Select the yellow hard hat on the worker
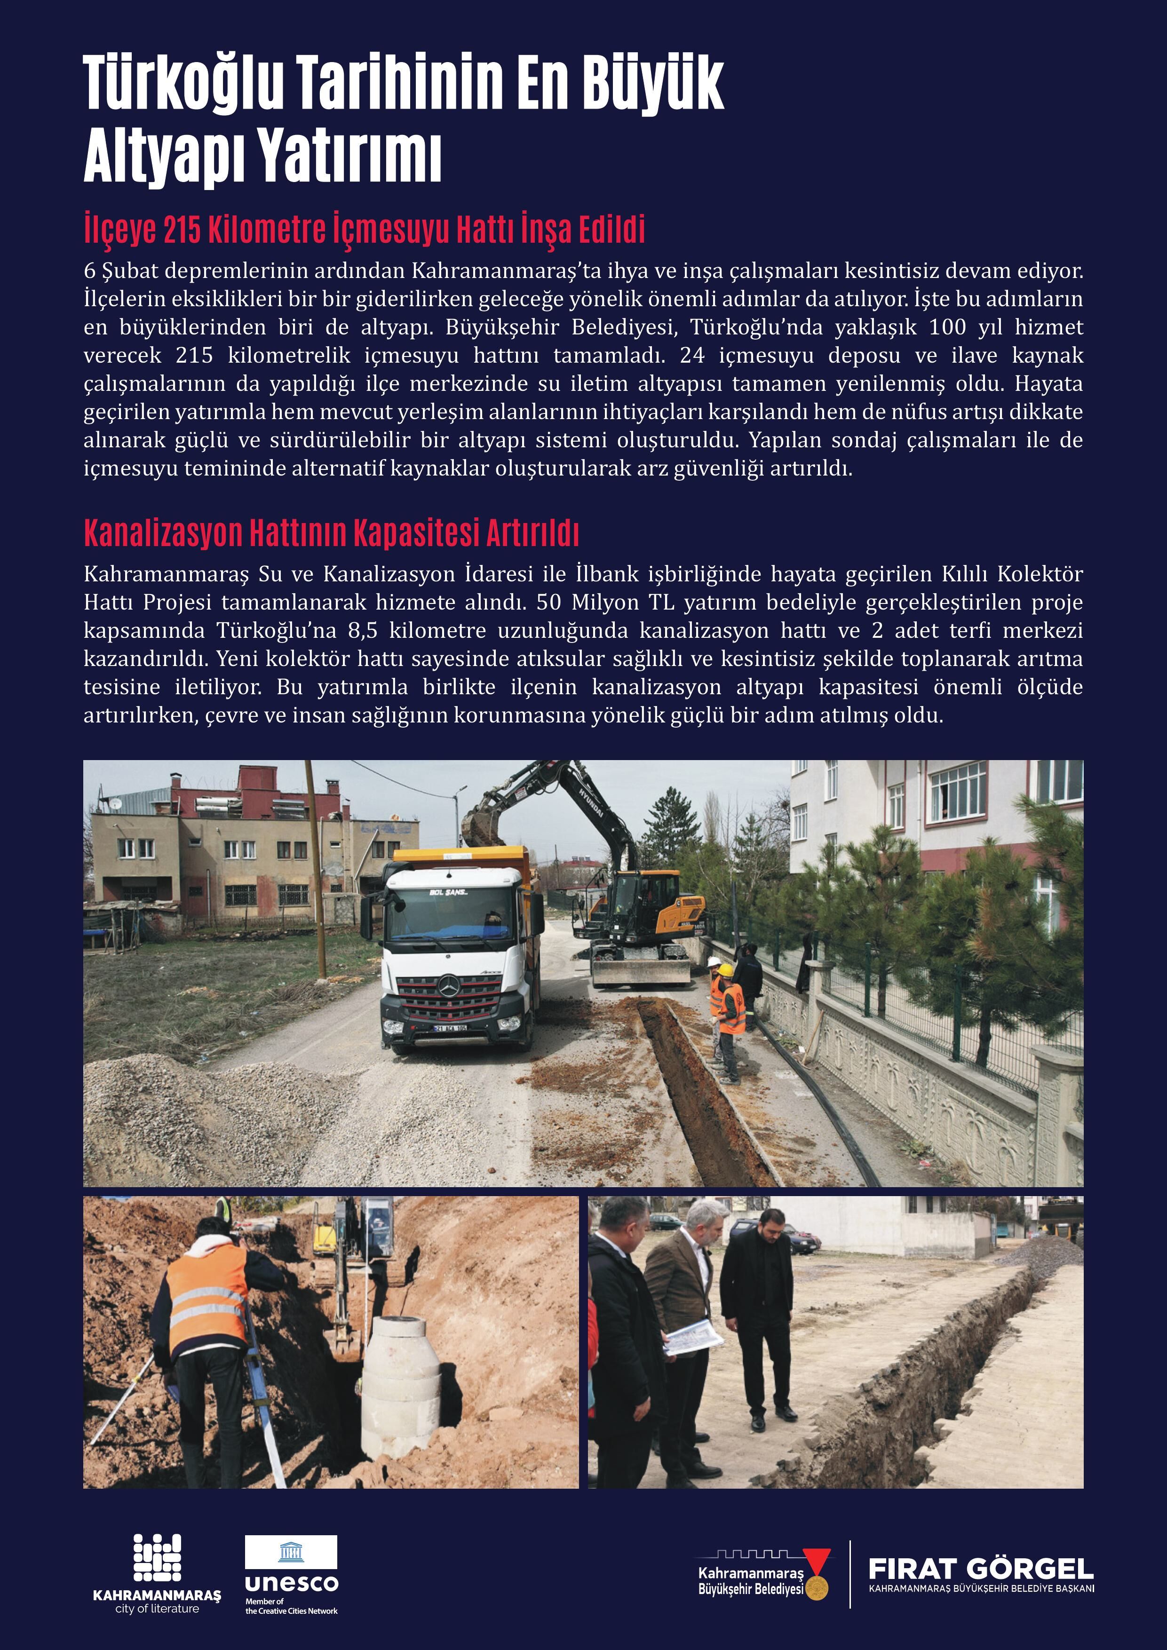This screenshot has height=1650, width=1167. (x=727, y=970)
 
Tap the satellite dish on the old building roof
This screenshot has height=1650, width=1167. (x=115, y=803)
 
